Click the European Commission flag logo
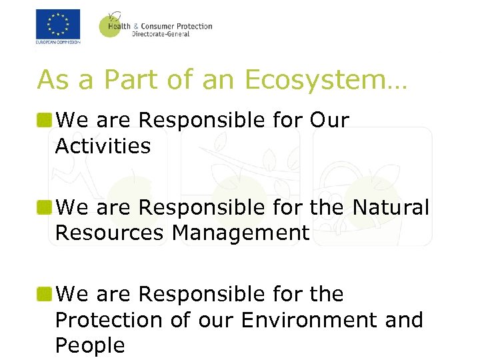click(x=58, y=25)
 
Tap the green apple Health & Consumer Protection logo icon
click(x=111, y=25)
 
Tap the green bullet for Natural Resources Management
click(x=45, y=207)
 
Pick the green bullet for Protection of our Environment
click(x=45, y=294)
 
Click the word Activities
click(x=103, y=146)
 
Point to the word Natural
click(x=391, y=207)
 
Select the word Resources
click(x=110, y=233)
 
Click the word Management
click(x=241, y=233)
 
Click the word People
click(x=90, y=345)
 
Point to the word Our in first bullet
click(x=329, y=121)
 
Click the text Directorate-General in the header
click(x=161, y=34)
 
